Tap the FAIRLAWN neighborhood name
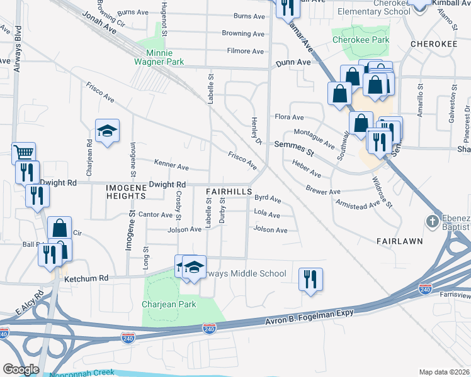(x=398, y=241)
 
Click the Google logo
(x=21, y=369)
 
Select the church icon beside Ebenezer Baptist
(x=432, y=221)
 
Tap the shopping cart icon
(x=23, y=152)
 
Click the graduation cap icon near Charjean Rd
(x=107, y=131)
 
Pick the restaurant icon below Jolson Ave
(x=310, y=278)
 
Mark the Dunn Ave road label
(x=293, y=63)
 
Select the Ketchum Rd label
(x=86, y=278)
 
